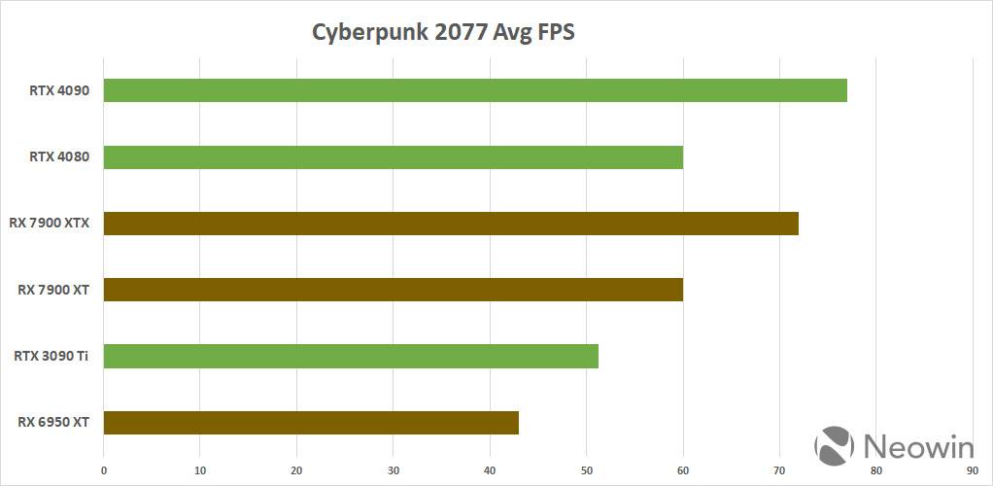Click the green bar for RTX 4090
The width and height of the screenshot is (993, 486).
(x=475, y=90)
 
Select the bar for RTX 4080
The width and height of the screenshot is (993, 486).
(x=393, y=156)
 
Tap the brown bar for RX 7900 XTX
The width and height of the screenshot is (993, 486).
(x=451, y=224)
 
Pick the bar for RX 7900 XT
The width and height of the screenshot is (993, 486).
(x=393, y=290)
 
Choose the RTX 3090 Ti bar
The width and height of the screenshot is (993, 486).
(x=351, y=357)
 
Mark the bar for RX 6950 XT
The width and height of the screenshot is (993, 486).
(x=311, y=423)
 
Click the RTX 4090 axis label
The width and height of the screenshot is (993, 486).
(x=59, y=90)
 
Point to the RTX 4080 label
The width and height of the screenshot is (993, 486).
(x=59, y=156)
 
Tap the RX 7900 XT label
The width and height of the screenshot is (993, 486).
(x=53, y=290)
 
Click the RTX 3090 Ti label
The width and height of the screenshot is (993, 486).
(x=51, y=357)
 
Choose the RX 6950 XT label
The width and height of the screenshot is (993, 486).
(x=53, y=423)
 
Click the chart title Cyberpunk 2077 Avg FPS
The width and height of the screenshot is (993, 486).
(x=443, y=32)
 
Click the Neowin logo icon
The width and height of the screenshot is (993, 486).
(x=835, y=444)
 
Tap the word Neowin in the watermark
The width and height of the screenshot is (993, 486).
(x=918, y=446)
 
